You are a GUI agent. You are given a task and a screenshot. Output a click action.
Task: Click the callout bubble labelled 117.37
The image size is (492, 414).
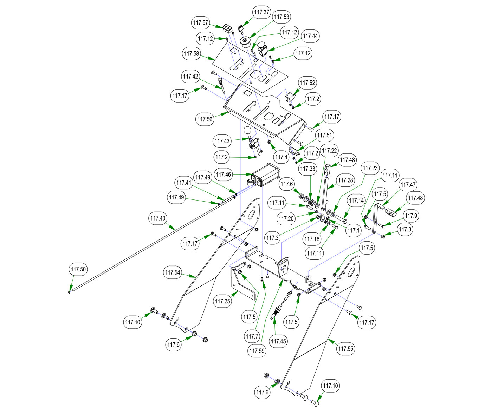click(x=262, y=12)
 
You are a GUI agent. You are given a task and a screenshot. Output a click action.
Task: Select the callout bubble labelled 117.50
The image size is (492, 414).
click(x=78, y=270)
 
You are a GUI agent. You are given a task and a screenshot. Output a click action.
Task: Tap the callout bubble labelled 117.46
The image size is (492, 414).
click(x=224, y=174)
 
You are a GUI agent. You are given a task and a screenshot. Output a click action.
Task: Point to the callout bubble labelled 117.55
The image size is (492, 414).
click(x=346, y=349)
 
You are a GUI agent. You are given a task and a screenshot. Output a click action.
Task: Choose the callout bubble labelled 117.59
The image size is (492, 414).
click(x=257, y=351)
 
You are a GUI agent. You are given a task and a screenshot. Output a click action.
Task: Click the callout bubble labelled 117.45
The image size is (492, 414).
click(x=278, y=341)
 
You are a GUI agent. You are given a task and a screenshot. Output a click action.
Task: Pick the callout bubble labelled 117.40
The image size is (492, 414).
click(x=158, y=218)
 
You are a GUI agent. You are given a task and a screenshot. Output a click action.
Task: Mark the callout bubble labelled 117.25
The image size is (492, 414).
click(x=223, y=301)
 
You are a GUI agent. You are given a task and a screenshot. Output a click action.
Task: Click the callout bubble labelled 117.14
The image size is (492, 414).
click(x=356, y=201)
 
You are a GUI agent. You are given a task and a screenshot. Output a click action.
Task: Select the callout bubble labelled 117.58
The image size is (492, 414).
click(x=192, y=54)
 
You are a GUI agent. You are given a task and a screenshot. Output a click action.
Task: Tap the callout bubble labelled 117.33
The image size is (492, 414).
click(x=307, y=169)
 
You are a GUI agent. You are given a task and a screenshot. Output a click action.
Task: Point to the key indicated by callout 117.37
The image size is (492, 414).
click(x=241, y=28)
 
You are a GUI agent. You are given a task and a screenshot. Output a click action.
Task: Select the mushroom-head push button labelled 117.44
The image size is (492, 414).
click(x=263, y=48)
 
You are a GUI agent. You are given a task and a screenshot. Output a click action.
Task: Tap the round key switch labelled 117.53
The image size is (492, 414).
click(x=245, y=42)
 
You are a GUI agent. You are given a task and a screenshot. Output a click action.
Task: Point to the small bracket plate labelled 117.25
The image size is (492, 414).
click(x=242, y=281)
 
